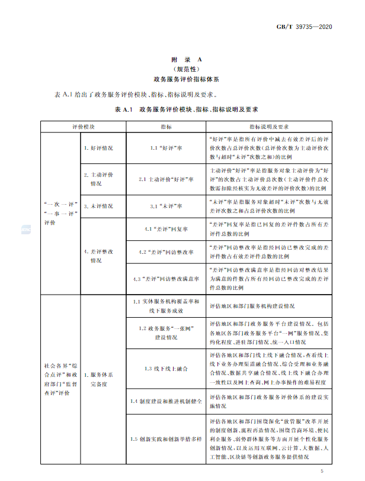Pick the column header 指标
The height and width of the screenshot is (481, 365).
point(165,127)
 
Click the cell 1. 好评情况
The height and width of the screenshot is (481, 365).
point(98,147)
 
